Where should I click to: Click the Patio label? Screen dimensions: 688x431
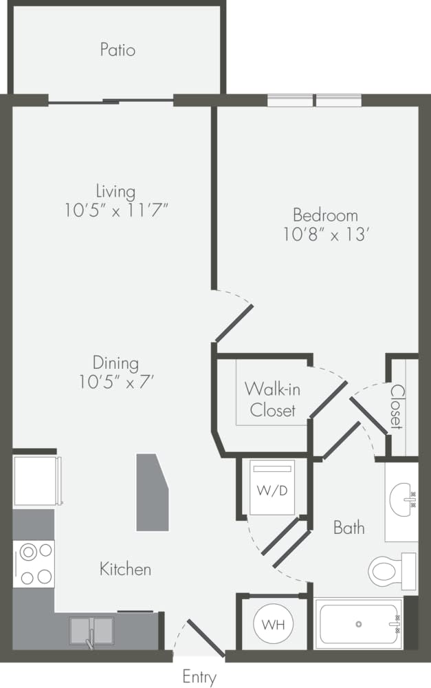118,50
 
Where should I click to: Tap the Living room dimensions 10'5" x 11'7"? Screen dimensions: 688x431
116,211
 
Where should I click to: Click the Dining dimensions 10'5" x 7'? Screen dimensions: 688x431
116,382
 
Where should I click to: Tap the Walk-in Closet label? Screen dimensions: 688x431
272,399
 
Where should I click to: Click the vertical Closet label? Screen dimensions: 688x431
397,407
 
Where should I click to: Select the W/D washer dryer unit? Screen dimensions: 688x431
272,489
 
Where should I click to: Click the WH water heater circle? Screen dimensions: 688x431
273,625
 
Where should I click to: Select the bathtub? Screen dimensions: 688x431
358,624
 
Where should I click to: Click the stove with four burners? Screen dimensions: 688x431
34,563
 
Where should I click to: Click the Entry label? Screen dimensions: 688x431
199,677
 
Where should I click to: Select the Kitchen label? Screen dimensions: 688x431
125,570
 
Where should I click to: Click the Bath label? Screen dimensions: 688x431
349,528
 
